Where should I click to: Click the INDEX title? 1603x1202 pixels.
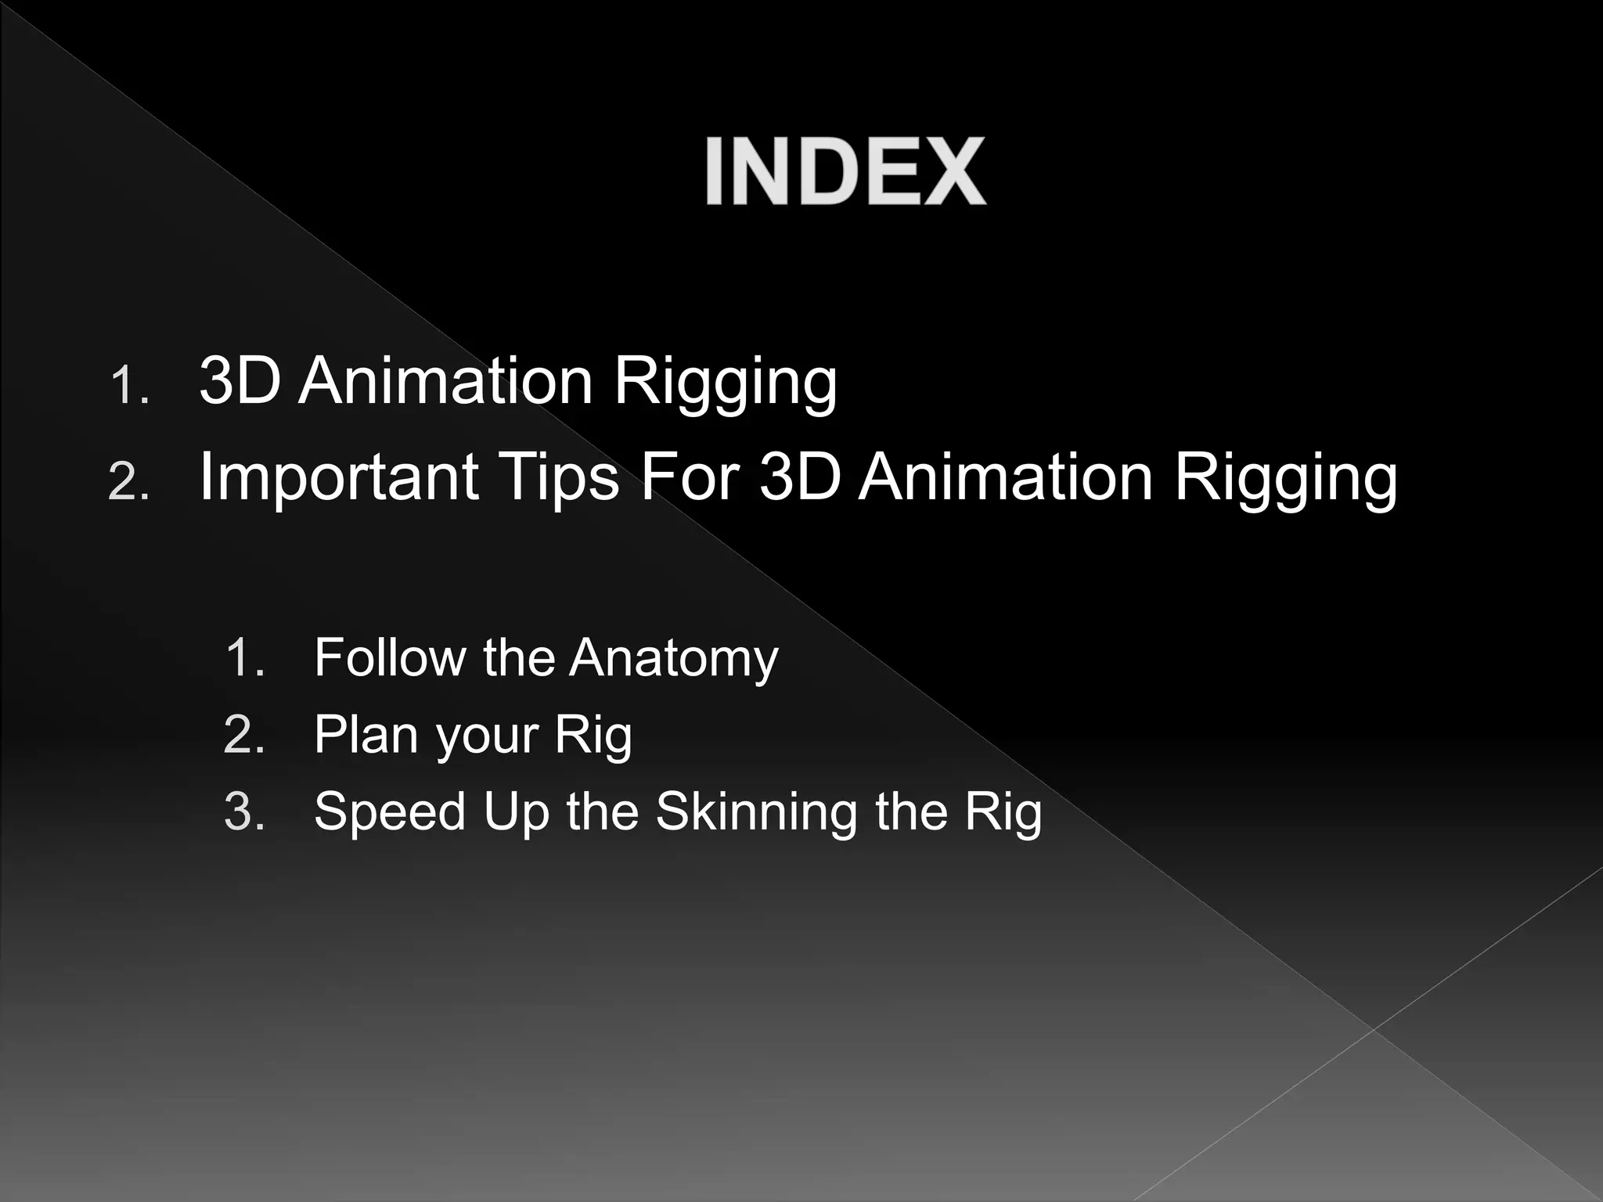tap(845, 171)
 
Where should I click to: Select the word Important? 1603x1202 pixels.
tap(339, 477)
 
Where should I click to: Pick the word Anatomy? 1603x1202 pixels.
tap(674, 659)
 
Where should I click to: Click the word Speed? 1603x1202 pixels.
tap(390, 812)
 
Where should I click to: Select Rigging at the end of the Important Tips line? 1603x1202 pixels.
tap(1285, 479)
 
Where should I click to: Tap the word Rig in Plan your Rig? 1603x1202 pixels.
tap(593, 736)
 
